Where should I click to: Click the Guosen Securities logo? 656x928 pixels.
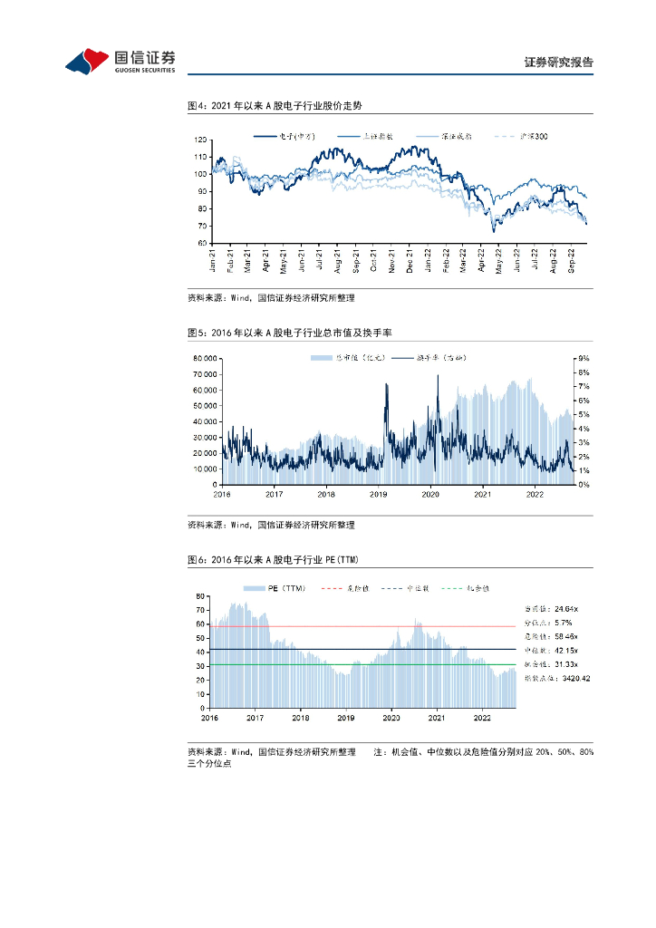tap(120, 60)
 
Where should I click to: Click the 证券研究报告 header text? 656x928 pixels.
tap(559, 63)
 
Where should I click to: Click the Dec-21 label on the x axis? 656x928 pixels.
tap(410, 260)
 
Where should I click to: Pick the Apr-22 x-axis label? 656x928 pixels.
tap(482, 260)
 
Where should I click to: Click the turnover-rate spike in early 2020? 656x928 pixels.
tap(439, 377)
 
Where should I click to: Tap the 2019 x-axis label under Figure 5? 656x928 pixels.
tap(379, 494)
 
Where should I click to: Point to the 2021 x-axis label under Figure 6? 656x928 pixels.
tap(437, 717)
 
